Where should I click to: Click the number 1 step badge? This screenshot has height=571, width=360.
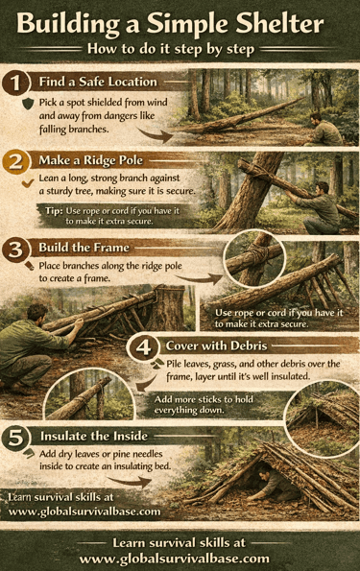(x=15, y=83)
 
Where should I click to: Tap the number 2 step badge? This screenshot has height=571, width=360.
(x=15, y=161)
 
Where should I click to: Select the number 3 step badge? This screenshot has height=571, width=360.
(x=15, y=250)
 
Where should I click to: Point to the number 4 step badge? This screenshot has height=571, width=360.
(x=143, y=347)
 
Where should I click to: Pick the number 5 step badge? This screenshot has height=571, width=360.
(x=15, y=438)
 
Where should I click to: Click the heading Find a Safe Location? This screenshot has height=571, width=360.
(x=98, y=82)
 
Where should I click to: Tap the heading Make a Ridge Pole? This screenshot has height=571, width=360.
(x=91, y=160)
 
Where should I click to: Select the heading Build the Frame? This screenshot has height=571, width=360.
(x=84, y=248)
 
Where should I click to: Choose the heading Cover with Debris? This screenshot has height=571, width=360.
(x=216, y=345)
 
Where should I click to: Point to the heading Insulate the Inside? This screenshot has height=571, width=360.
(x=94, y=436)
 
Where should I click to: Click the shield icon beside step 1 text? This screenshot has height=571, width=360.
(x=28, y=104)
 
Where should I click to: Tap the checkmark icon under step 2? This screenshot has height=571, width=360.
(x=28, y=182)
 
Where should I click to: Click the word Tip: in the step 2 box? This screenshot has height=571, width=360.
(x=54, y=211)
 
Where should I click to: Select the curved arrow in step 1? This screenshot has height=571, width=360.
(x=156, y=134)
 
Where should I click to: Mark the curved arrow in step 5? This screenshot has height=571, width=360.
(x=131, y=482)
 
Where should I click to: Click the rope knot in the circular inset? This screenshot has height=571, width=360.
(x=255, y=253)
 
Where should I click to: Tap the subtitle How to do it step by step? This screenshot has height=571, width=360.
(x=171, y=49)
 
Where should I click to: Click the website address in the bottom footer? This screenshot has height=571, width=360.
(x=175, y=559)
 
